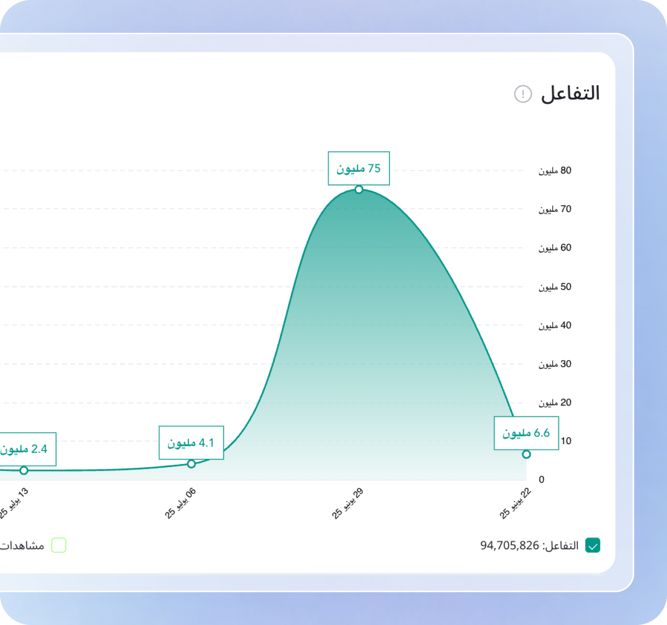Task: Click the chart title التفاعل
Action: [570, 94]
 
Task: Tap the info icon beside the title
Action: [523, 94]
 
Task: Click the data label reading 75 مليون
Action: [359, 168]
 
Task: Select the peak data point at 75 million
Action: [359, 190]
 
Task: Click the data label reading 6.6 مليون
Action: [526, 433]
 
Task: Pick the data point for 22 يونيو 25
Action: [526, 454]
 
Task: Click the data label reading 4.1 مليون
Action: [191, 443]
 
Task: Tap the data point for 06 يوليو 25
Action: [191, 464]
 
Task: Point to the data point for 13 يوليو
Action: [24, 470]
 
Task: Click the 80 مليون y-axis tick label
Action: [555, 171]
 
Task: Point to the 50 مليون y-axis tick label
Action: [555, 287]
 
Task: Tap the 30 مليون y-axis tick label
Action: [555, 364]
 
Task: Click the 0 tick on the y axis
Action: [541, 480]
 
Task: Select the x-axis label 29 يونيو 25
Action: [348, 504]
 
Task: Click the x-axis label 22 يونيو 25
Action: [516, 504]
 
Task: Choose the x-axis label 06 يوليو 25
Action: [181, 504]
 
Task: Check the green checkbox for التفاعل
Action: [593, 546]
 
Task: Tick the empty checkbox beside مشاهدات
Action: [59, 546]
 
